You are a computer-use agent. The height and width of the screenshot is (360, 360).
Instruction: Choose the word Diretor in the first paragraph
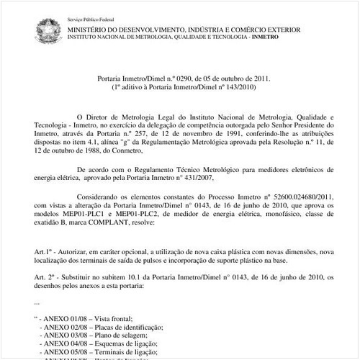(x=102, y=115)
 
